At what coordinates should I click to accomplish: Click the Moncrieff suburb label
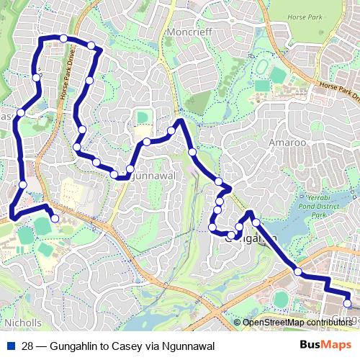click(188, 33)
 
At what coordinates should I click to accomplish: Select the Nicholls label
click(22, 323)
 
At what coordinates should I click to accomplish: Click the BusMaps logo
click(325, 346)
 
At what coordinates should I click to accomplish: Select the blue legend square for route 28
click(10, 346)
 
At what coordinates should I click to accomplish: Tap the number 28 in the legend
click(28, 346)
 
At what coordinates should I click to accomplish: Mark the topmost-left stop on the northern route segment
click(63, 38)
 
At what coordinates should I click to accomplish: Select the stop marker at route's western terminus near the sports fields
click(55, 218)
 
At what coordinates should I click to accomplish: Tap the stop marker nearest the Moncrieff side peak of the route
click(171, 130)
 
